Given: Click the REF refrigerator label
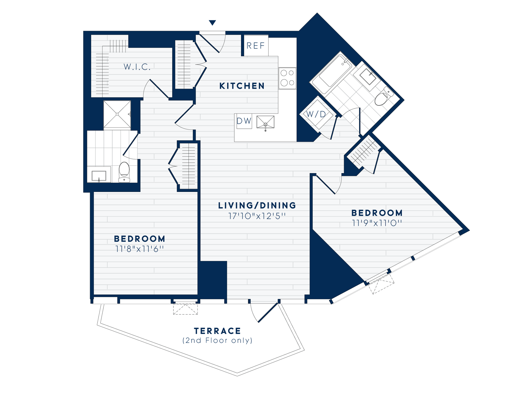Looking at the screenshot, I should pos(255,46).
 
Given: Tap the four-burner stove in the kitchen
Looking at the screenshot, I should pos(287,78).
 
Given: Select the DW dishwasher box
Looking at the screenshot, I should pos(244,121).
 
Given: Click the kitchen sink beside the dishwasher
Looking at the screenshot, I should pos(265,122).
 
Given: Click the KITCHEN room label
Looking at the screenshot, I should pos(242,86).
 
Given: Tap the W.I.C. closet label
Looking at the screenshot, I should pos(137,67).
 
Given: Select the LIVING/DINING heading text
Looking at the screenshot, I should pos(257,205).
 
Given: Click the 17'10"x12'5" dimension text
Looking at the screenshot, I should pos(257,216).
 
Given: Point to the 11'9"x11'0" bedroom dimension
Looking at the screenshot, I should pos(377,223).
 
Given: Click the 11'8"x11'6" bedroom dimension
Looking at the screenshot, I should pos(139,249).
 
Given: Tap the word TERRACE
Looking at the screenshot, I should pos(217,331).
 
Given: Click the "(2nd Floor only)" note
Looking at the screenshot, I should pos(217,341).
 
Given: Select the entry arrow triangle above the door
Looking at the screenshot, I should pos(212,23).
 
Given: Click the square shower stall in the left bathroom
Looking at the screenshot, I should pos(117,114).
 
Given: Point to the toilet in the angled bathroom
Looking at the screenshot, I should pos(383,97).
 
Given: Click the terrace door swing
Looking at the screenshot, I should pos(264,312).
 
